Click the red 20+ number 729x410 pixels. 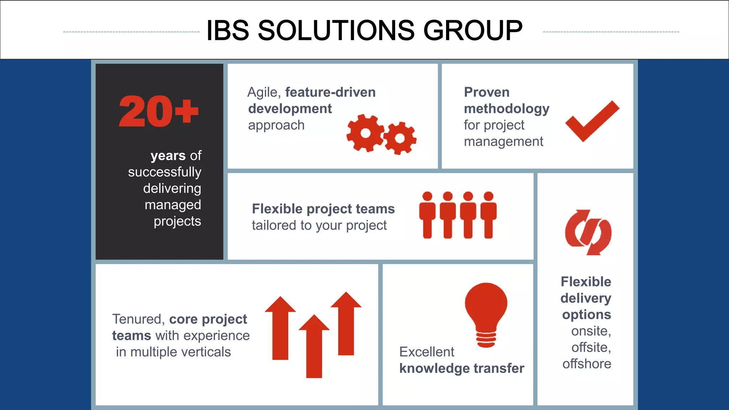158,111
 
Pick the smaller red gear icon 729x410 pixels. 400,138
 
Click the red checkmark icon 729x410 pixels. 592,121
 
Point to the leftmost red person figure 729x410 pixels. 427,215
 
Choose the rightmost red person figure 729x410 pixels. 488,215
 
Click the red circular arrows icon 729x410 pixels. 588,232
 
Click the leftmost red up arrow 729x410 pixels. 280,328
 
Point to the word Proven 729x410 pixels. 487,93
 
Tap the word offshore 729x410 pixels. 587,364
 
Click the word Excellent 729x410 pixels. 427,352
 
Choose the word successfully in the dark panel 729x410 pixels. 164,172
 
